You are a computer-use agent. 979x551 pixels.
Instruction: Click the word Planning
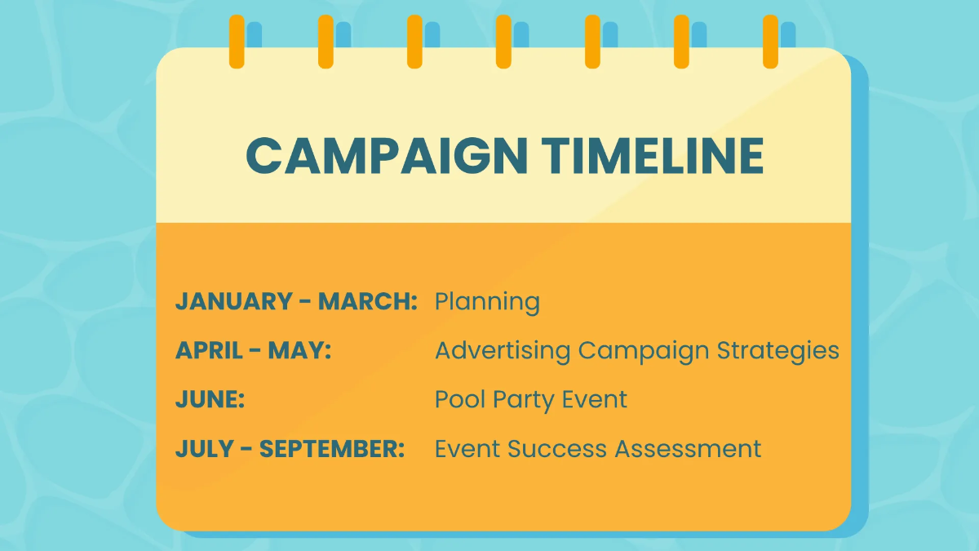pos(487,302)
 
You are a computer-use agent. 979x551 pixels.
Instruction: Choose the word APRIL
pos(207,350)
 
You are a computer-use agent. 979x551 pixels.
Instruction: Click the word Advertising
pos(503,350)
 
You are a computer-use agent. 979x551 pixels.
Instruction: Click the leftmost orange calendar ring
pos(237,42)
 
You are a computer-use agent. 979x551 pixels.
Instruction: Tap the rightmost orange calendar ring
pos(770,42)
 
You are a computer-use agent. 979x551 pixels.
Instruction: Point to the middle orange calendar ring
pos(503,42)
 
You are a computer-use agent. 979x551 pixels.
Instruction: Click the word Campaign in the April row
pos(644,350)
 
